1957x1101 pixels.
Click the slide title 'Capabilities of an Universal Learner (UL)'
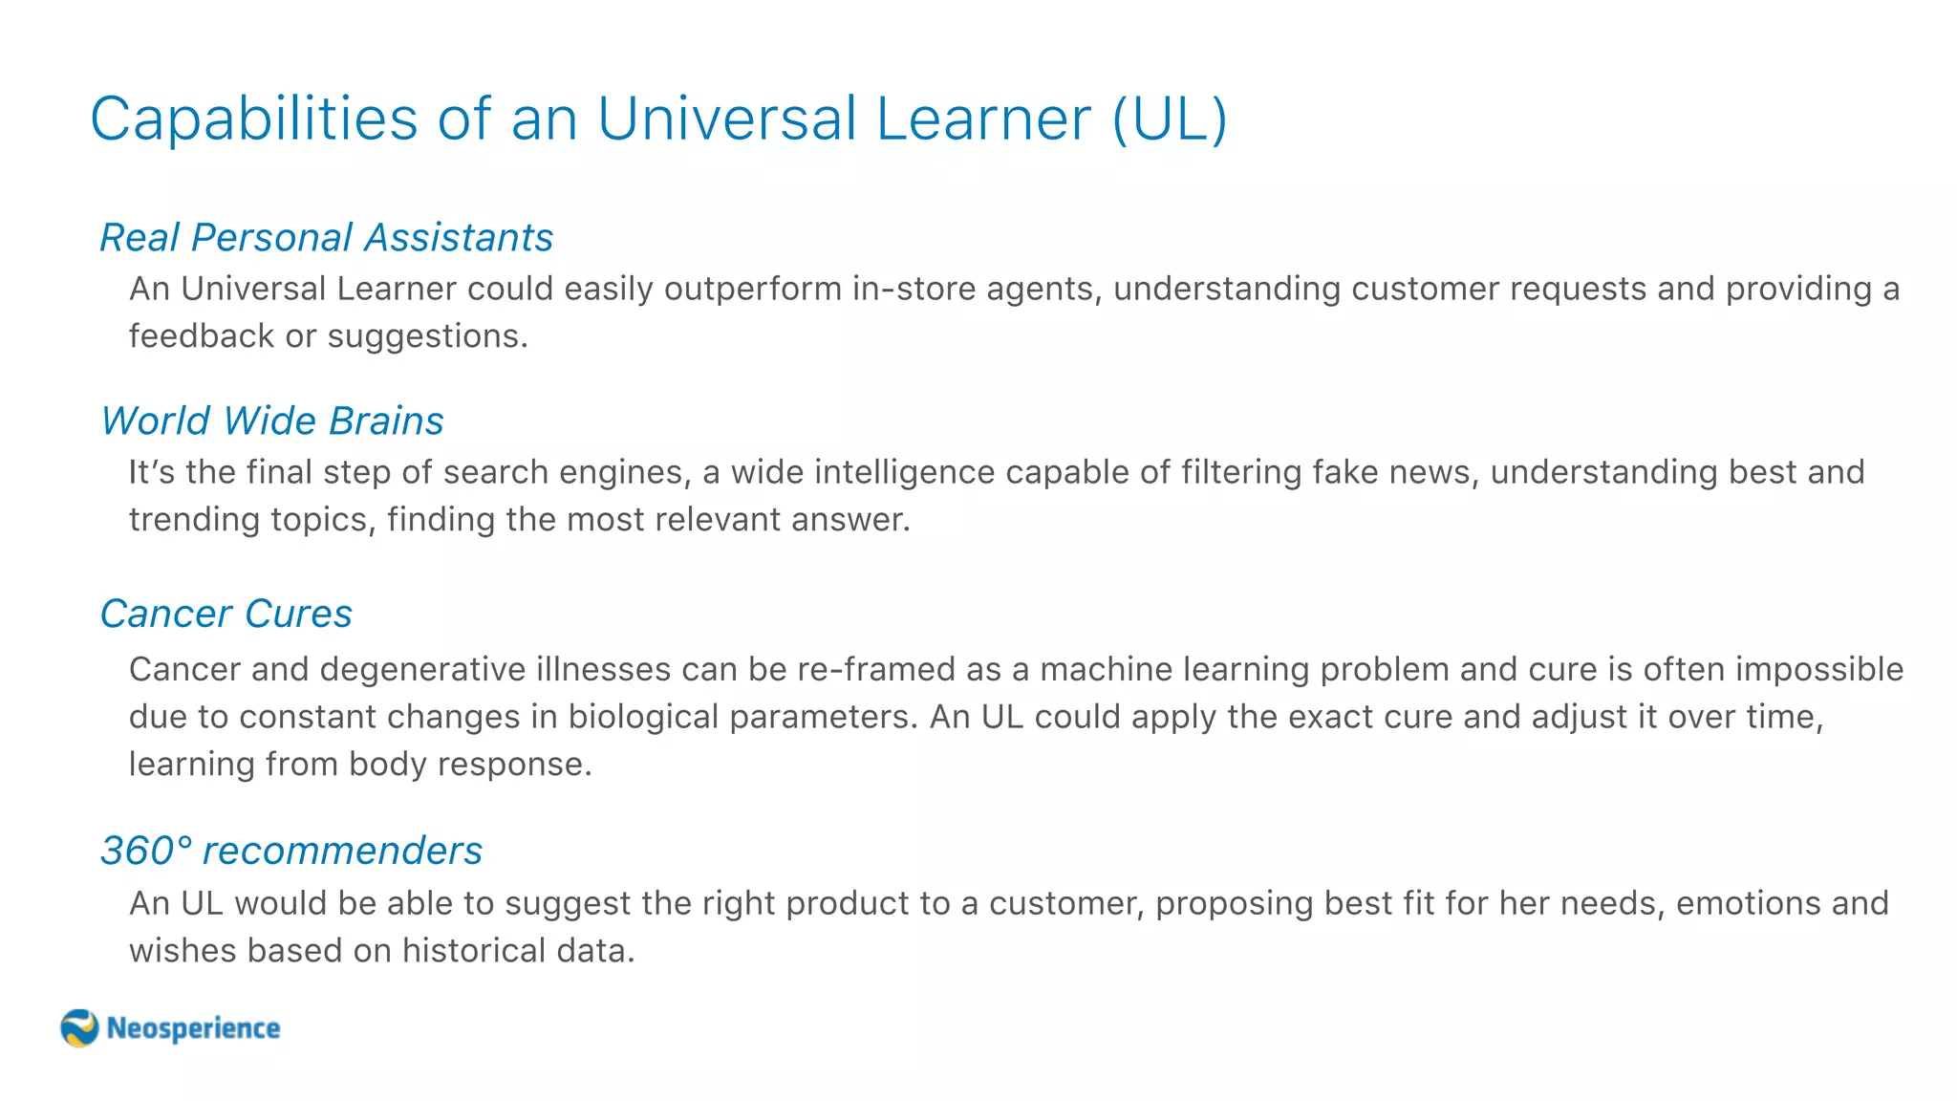(658, 119)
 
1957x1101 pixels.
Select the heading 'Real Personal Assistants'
(327, 237)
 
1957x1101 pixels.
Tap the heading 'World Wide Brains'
(272, 421)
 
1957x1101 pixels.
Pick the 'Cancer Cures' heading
(226, 614)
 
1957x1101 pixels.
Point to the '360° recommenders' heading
(291, 851)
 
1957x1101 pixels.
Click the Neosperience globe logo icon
(79, 1028)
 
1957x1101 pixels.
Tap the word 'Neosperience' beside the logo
(193, 1028)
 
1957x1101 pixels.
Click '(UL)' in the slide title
(1170, 119)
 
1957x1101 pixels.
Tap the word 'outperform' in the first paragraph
(752, 289)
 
